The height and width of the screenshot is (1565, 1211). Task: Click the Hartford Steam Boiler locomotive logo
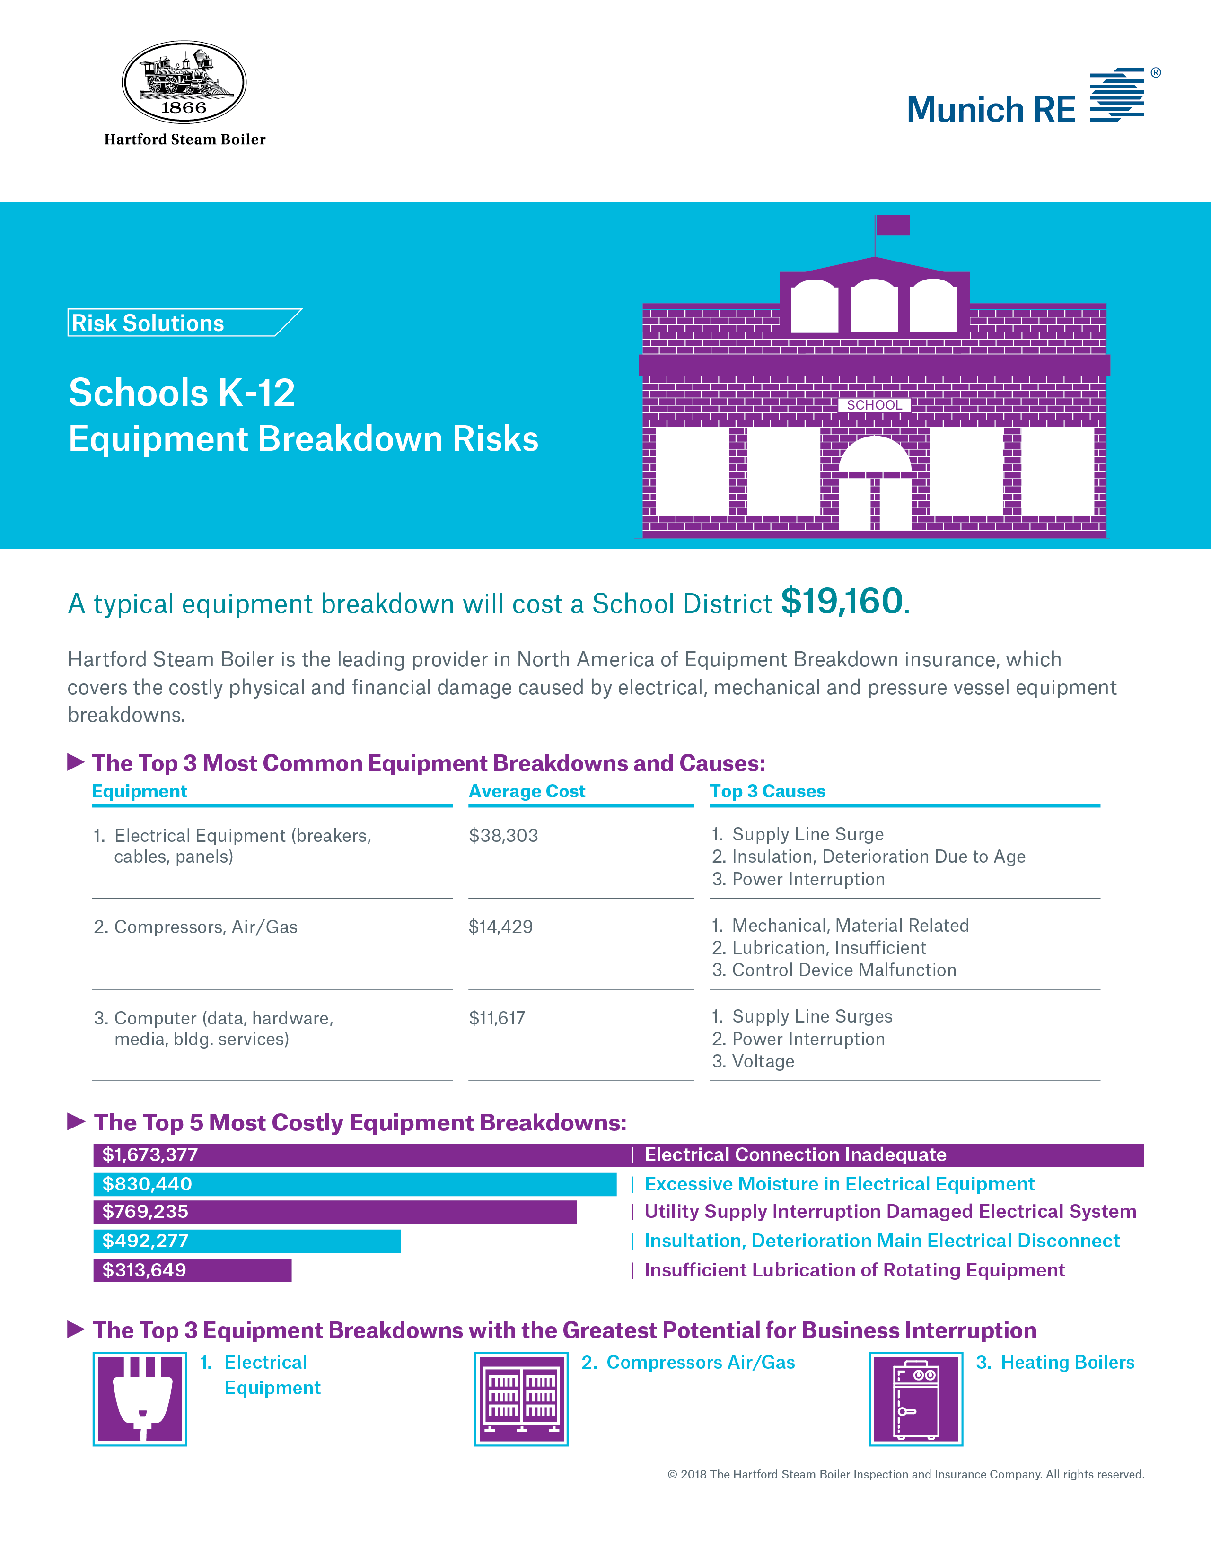184,82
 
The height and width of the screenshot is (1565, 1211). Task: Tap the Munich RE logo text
991,110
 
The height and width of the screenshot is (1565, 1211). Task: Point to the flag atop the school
892,225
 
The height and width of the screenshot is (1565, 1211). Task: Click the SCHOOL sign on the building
874,405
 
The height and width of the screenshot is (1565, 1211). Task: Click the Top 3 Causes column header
767,791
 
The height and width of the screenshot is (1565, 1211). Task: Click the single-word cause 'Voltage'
763,1061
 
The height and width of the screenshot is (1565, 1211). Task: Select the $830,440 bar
355,1184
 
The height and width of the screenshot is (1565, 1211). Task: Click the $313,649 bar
192,1270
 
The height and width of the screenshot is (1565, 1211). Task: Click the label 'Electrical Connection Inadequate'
795,1154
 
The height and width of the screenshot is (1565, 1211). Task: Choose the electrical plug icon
140,1399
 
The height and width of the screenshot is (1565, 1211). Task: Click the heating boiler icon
916,1399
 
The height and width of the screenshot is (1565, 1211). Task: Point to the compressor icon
521,1399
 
